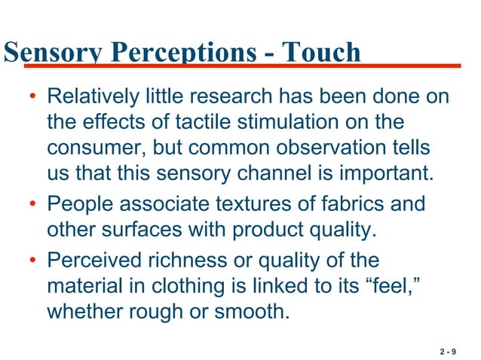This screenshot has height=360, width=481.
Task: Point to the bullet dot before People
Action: [32, 205]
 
